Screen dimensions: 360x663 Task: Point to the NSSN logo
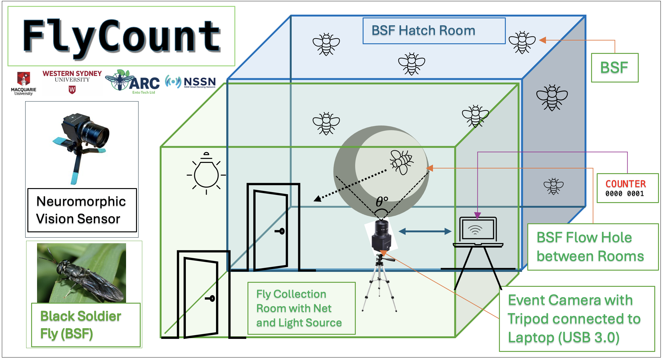coord(191,82)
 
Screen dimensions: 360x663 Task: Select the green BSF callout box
coord(614,68)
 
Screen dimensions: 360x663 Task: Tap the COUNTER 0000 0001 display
coord(627,188)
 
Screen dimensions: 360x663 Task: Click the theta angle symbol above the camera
coord(382,202)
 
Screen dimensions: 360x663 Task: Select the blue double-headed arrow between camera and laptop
coord(425,231)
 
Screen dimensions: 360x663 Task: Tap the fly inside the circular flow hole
coord(402,162)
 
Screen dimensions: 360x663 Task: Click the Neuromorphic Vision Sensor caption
coord(82,210)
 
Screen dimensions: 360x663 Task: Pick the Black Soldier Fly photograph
coord(82,273)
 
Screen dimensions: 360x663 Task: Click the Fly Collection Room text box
coord(301,308)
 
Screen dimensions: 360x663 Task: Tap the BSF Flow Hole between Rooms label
coord(593,247)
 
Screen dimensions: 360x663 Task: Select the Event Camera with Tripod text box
coord(576,319)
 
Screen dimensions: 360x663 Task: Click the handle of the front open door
coord(211,298)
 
